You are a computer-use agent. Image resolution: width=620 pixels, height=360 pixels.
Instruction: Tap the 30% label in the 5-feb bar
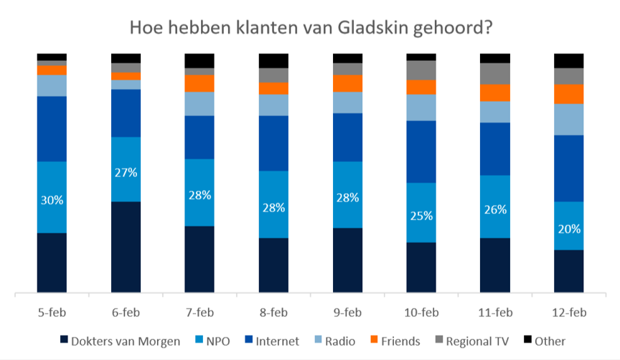pos(52,200)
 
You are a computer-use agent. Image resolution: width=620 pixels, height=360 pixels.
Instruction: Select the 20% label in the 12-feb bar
pos(570,229)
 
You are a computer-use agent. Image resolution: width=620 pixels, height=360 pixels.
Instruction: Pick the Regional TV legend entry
pos(472,341)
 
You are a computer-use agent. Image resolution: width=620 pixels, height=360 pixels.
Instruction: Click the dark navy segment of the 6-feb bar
pos(126,247)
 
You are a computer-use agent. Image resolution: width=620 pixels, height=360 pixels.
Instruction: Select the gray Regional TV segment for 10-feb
pos(422,70)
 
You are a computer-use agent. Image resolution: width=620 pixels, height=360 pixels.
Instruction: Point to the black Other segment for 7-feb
pos(200,60)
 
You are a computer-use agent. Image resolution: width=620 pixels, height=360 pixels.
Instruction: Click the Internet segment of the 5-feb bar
pos(52,128)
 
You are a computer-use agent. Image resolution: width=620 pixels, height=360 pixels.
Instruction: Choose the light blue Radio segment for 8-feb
pos(274,105)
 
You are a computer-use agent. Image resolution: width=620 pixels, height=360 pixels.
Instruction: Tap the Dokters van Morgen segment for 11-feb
pos(495,265)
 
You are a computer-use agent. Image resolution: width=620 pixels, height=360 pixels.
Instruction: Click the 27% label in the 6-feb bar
pos(126,172)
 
